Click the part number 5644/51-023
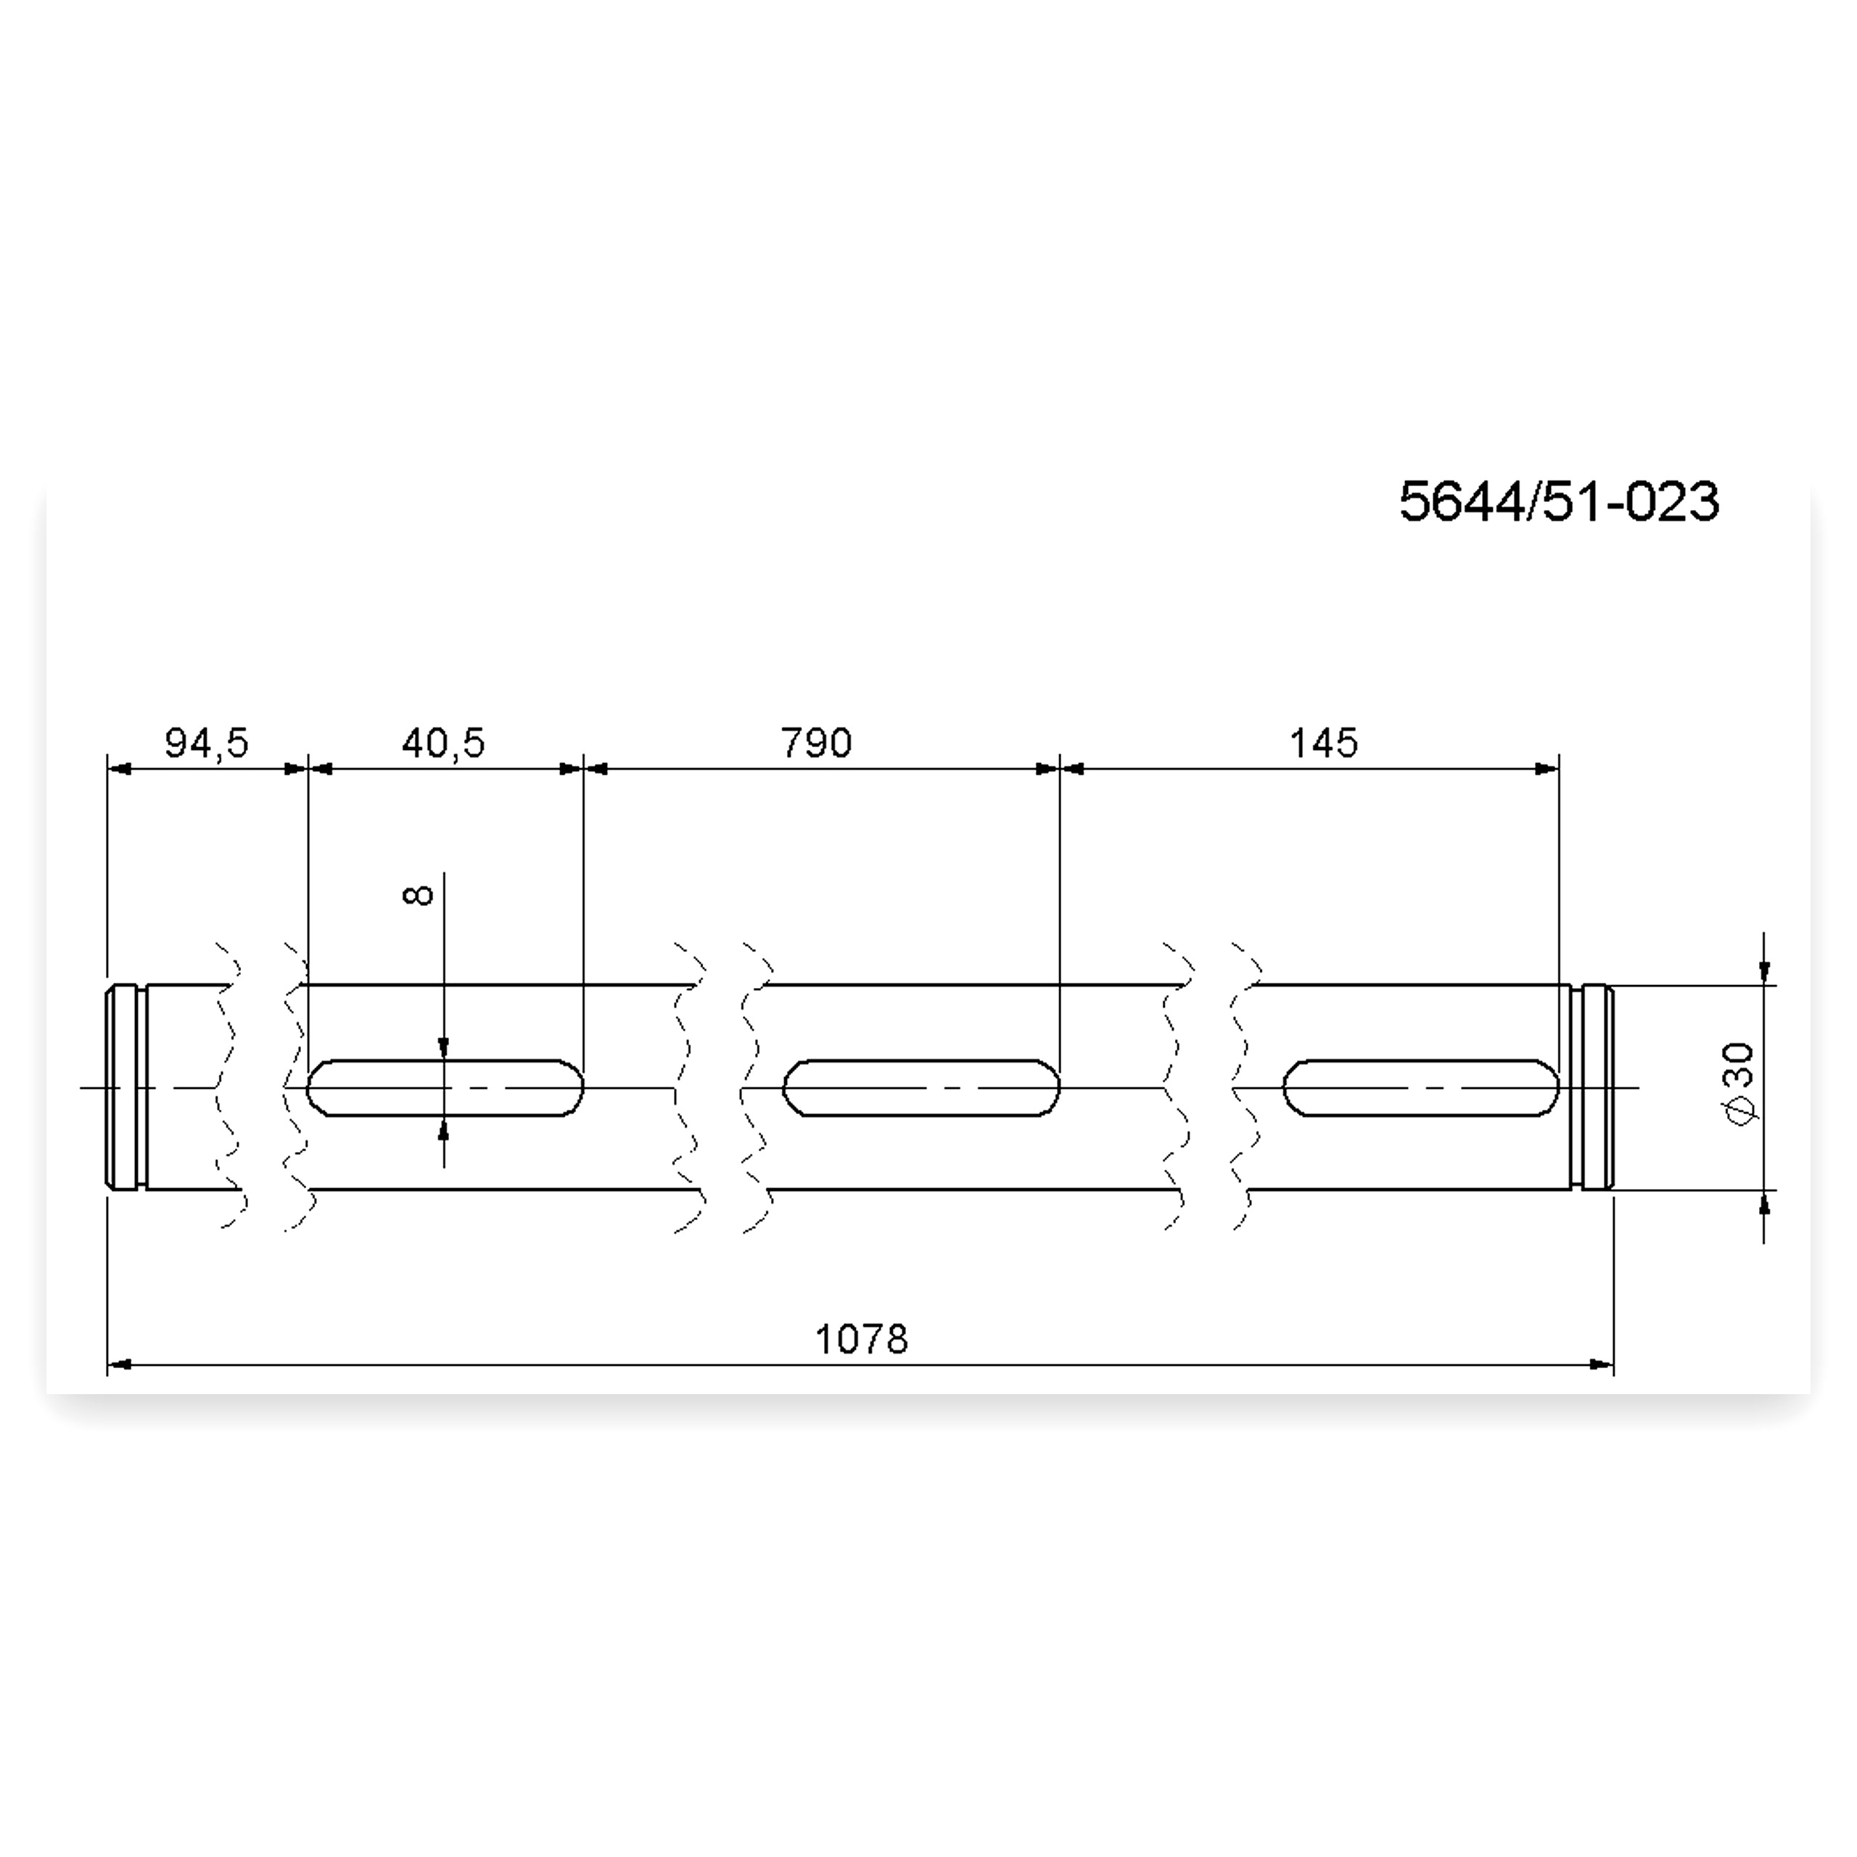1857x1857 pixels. pyautogui.click(x=1558, y=503)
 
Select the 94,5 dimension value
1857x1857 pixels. pyautogui.click(x=207, y=743)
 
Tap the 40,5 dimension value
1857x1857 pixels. pyautogui.click(x=443, y=743)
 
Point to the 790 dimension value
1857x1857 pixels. pyautogui.click(x=816, y=743)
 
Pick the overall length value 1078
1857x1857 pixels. pyautogui.click(x=861, y=1339)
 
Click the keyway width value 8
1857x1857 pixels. pyautogui.click(x=418, y=895)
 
